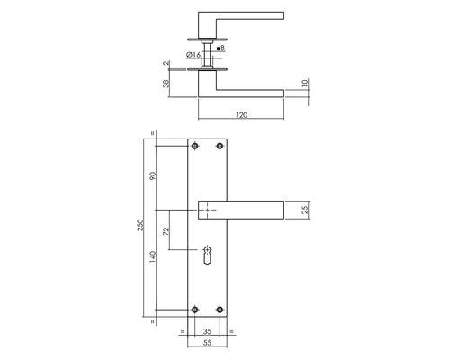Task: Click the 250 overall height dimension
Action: coord(140,225)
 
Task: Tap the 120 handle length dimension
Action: coord(241,115)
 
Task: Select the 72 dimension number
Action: coord(166,230)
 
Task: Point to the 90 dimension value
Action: coord(153,175)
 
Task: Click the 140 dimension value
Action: coord(153,257)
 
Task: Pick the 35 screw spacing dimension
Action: coord(207,331)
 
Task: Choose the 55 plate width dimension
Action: coord(207,343)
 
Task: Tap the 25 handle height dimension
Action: coord(305,210)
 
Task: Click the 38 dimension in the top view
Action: coord(166,84)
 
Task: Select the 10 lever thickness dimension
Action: coord(305,83)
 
